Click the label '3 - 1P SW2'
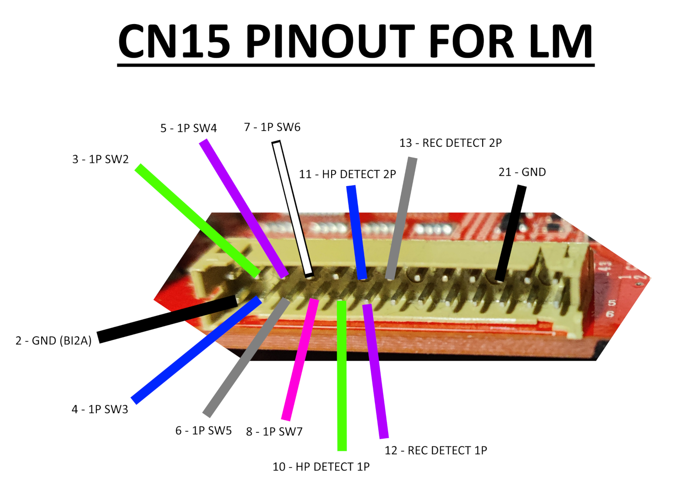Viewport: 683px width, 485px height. click(100, 159)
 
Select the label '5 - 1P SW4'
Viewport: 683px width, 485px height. click(188, 128)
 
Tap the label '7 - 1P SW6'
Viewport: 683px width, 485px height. click(272, 127)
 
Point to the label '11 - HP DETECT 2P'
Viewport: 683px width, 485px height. click(347, 174)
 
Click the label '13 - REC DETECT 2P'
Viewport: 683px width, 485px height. click(450, 143)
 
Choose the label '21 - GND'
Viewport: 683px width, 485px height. click(522, 172)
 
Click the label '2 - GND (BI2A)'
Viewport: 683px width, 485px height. click(53, 340)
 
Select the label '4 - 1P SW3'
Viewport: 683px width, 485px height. click(100, 409)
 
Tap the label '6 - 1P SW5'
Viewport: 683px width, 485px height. click(203, 431)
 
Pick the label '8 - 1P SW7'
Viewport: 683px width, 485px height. click(274, 432)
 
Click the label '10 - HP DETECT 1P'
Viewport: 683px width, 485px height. click(321, 467)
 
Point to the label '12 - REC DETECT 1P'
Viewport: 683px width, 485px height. click(435, 450)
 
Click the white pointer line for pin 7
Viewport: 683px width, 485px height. click(292, 208)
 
